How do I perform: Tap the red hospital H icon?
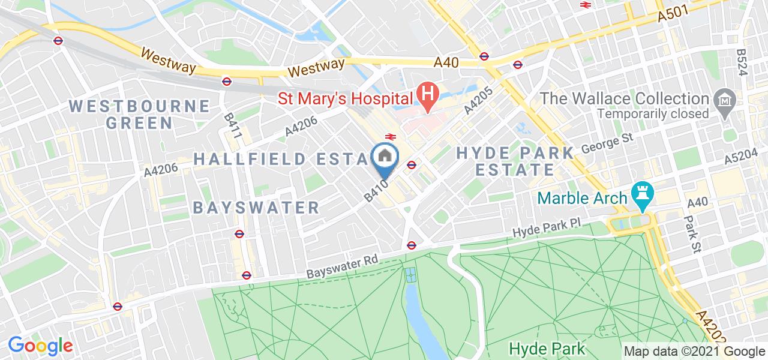pos(428,95)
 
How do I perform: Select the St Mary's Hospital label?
pos(345,97)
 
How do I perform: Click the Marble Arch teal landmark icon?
pos(641,197)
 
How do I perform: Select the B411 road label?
pos(233,127)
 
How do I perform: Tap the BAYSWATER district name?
pos(256,208)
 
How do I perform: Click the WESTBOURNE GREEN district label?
pos(139,115)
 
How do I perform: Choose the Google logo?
pos(40,346)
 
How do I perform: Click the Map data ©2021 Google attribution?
pos(694,352)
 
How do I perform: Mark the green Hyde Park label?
pos(546,348)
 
